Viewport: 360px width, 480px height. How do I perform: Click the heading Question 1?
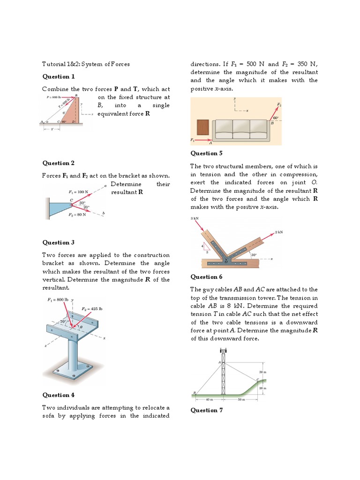[59, 76]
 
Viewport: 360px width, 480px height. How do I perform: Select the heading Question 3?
[59, 242]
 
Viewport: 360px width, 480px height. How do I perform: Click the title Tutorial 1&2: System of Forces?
[86, 64]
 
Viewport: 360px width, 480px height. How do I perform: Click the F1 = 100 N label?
[78, 192]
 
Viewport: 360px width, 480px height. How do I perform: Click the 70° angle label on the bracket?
[63, 322]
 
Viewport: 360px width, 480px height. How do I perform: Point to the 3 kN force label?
[195, 218]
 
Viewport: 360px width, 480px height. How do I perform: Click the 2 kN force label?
[279, 232]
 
